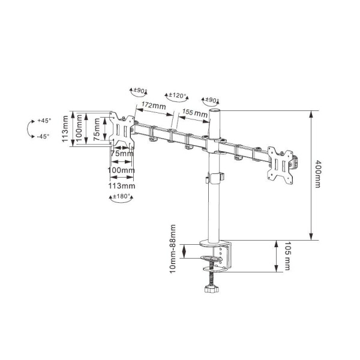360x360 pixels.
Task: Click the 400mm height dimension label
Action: [x=317, y=174]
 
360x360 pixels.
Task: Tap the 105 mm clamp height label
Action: [x=287, y=256]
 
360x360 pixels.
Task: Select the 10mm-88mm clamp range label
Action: [x=173, y=249]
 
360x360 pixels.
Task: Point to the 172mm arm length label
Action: [x=154, y=105]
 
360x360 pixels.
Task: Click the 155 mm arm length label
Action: [x=194, y=112]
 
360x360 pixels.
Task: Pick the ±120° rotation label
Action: [x=178, y=95]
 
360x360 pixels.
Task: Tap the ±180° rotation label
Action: [x=122, y=197]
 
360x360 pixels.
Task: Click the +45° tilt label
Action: [x=44, y=121]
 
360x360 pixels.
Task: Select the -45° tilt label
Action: [x=43, y=136]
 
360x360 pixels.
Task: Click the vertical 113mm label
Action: [x=65, y=129]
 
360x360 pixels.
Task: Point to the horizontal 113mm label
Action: [x=122, y=186]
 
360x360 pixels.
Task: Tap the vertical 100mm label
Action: [x=79, y=128]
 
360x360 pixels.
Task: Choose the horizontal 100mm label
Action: [x=121, y=170]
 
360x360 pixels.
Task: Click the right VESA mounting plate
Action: [x=280, y=166]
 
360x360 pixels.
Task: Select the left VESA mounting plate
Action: [x=122, y=130]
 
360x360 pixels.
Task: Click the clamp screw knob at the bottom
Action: [x=211, y=289]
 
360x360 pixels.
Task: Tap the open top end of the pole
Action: [x=215, y=110]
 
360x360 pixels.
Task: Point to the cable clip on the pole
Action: [x=215, y=178]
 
